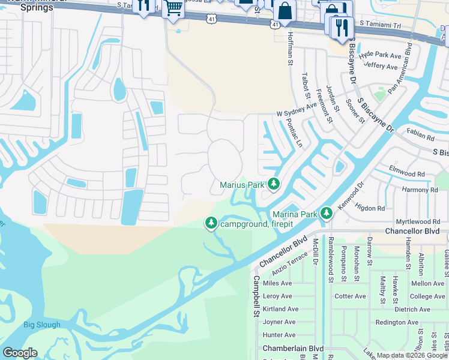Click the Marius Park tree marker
(274, 184)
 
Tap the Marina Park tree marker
(326, 213)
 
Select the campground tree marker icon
(211, 224)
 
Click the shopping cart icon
(173, 9)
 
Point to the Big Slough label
(42, 325)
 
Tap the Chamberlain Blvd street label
(293, 349)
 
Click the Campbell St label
(256, 296)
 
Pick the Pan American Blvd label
(400, 68)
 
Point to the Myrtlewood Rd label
(418, 221)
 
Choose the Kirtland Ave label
(280, 309)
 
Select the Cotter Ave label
(350, 296)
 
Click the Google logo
(20, 353)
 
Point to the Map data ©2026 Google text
(412, 355)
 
